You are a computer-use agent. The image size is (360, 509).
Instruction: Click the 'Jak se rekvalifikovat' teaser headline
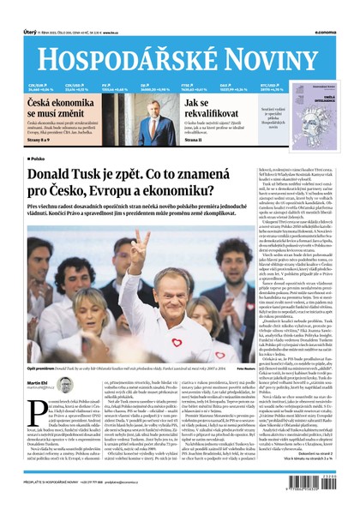coord(208,106)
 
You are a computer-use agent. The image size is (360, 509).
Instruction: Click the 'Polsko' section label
coord(39,159)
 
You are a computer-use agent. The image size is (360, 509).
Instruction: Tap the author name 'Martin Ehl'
coord(39,382)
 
